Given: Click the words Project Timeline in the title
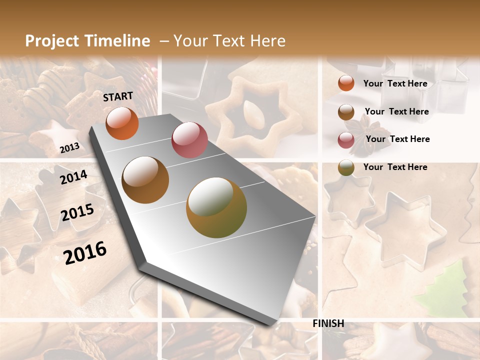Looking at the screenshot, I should click(x=87, y=41).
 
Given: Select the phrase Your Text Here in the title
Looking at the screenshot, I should click(x=229, y=41).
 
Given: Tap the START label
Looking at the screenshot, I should click(x=118, y=96).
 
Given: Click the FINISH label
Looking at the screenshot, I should click(x=328, y=323).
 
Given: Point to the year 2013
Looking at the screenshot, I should click(x=69, y=147).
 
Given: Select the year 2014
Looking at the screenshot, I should click(x=73, y=177).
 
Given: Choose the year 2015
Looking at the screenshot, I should click(x=77, y=212).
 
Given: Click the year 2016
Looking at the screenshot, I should click(x=85, y=252).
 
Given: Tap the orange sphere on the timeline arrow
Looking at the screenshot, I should click(x=122, y=123).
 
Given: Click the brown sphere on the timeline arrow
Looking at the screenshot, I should click(x=145, y=180).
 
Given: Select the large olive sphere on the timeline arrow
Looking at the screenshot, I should click(x=216, y=207).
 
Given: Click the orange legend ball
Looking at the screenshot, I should click(x=346, y=83).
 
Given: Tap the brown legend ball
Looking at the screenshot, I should click(x=346, y=112).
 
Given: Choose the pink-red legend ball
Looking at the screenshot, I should click(x=346, y=140).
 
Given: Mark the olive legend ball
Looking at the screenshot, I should click(x=346, y=167).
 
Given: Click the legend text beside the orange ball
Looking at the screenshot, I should click(x=395, y=83).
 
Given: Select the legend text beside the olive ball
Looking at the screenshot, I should click(x=395, y=167).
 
